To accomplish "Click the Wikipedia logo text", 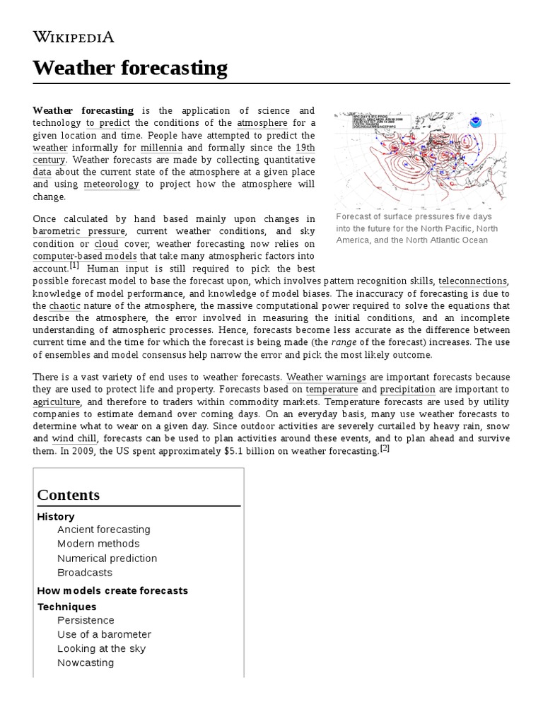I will pos(73,37).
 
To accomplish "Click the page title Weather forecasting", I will pos(130,69).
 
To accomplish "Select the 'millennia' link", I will pos(161,148).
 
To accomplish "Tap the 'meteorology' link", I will pos(112,185).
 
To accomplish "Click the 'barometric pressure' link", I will pos(79,231).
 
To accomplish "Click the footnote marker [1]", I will pos(75,267).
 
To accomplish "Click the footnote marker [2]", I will pos(385,448).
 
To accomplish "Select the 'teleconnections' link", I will pos(473,281).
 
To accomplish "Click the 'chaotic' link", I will pos(66,305).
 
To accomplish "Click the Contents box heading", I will pos(69,495).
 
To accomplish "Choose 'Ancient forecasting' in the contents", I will pos(104,530).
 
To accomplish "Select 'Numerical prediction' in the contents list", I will pos(107,559).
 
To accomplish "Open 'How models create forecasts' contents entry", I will pos(112,590).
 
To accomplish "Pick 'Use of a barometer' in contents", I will pos(104,634).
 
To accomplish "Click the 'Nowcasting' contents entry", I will pos(86,662).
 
